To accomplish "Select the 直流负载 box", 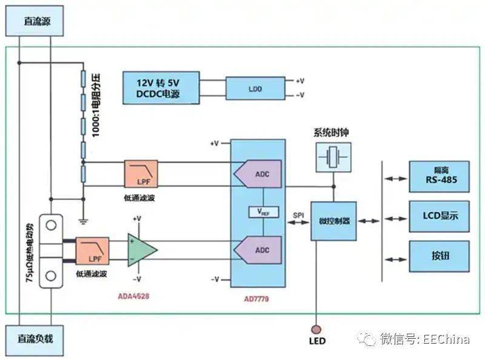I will coord(35,338).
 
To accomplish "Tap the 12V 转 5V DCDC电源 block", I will coord(159,88).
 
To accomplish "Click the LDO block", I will coord(255,88).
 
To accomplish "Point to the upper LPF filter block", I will coord(141,173).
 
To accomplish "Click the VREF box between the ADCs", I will coord(263,212).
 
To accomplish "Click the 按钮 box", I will coord(440,256).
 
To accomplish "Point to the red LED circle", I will coord(316,328).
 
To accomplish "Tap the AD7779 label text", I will coord(257,299).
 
